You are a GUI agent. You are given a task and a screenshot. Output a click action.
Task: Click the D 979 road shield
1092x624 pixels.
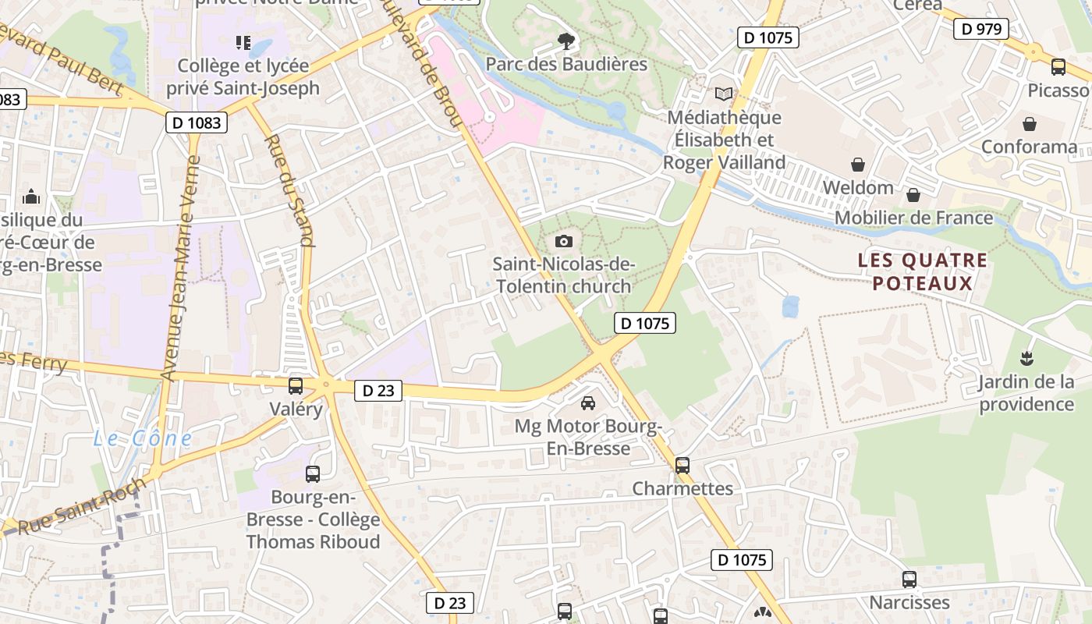(980, 29)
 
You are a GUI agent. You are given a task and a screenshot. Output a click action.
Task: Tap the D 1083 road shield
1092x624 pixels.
(196, 122)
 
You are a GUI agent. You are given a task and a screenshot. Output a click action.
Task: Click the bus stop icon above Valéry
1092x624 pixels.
(296, 385)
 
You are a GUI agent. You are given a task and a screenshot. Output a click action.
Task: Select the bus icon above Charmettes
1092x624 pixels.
(682, 466)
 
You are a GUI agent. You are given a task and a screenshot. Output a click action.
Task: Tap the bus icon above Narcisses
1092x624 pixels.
(909, 580)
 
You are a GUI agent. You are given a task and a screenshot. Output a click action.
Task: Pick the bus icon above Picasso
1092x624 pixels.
(1058, 67)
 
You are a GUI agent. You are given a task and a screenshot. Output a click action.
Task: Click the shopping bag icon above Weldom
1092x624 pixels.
(858, 165)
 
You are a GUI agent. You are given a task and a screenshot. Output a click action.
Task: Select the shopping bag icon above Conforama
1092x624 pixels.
(1030, 124)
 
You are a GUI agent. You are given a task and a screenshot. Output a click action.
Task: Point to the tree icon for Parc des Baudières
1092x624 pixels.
(566, 41)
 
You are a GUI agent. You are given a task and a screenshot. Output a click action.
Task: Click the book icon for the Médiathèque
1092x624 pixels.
(724, 94)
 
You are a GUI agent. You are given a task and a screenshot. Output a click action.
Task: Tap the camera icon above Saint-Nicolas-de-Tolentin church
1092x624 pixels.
(564, 242)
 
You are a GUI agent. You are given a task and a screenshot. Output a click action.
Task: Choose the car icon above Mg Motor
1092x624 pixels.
(588, 403)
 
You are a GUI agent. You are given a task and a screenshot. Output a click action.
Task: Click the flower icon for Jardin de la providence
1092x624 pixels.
(1026, 359)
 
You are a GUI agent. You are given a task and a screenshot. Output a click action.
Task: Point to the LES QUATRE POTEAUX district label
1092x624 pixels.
(923, 271)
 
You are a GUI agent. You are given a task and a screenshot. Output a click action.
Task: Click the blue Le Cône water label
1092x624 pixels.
(143, 438)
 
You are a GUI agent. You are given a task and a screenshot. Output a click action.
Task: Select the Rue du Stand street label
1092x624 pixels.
(289, 190)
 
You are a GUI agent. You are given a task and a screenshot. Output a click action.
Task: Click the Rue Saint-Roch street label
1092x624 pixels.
(81, 507)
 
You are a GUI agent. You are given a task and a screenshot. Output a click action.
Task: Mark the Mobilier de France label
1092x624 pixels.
(914, 218)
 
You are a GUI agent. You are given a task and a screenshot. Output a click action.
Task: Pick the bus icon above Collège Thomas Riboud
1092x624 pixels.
(313, 473)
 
